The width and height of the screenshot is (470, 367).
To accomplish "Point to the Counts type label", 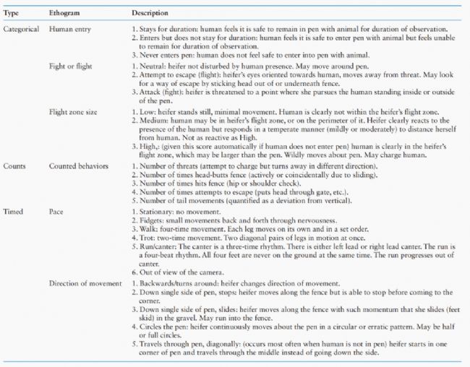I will click(x=15, y=165).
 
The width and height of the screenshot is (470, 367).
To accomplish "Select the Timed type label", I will click(x=14, y=211).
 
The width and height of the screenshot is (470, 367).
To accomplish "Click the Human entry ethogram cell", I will click(x=69, y=27).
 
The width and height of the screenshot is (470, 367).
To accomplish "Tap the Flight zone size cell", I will click(x=73, y=112).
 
